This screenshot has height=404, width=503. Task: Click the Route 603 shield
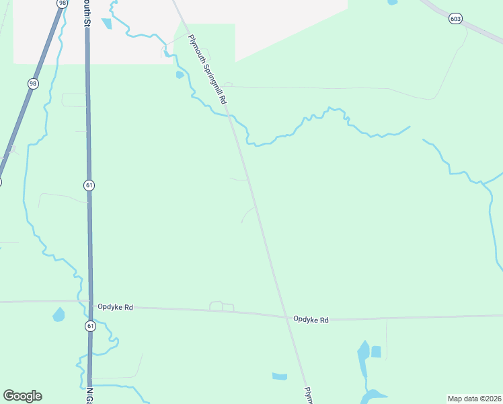[456, 19]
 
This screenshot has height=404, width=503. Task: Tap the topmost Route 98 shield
[63, 3]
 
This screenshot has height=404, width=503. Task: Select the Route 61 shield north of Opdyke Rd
[89, 184]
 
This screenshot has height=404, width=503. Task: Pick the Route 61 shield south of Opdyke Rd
[89, 326]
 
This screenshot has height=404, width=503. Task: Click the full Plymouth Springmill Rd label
[206, 69]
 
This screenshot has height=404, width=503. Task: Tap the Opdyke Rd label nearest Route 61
[115, 307]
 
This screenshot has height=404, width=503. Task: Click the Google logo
[22, 396]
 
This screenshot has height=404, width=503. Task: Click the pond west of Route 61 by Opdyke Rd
[59, 314]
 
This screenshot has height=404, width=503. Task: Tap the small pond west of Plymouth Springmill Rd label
[180, 75]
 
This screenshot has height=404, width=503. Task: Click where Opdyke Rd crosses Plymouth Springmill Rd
[287, 316]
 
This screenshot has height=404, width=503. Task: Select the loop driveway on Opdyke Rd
[222, 306]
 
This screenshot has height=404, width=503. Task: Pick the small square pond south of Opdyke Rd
[376, 351]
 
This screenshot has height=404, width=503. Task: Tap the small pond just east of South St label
[106, 24]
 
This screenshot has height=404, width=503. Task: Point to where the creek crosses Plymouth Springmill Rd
[232, 118]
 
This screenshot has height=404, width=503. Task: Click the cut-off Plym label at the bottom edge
[309, 395]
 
